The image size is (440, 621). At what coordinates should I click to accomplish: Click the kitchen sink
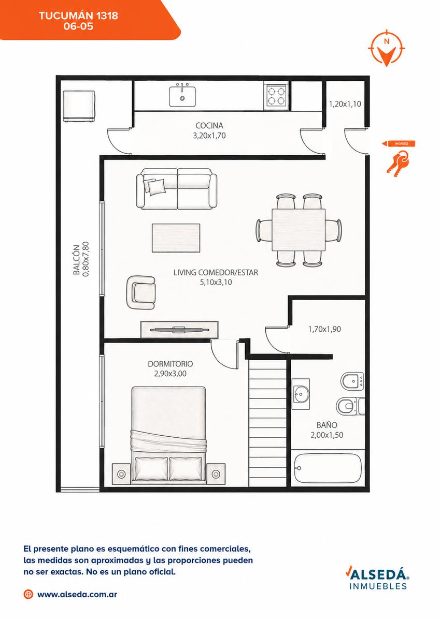click(x=182, y=96)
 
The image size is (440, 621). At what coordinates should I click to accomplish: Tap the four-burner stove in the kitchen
click(x=276, y=96)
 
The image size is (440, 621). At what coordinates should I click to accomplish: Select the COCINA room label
click(x=209, y=126)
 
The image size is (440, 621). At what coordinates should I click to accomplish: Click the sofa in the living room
click(x=177, y=189)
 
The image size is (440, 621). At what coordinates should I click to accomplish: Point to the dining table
click(x=299, y=230)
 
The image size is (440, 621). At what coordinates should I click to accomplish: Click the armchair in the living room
click(x=141, y=292)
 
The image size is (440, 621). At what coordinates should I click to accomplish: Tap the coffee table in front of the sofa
click(x=176, y=238)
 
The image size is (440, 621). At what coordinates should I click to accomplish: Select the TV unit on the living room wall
click(x=179, y=330)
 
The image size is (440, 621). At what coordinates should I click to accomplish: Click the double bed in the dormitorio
click(x=168, y=435)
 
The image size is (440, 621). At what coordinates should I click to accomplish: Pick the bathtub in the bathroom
click(x=328, y=468)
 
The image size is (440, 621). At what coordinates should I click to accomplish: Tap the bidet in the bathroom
click(x=352, y=381)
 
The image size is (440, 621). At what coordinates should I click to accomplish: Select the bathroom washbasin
click(x=301, y=394)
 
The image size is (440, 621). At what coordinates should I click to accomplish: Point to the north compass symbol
click(x=387, y=48)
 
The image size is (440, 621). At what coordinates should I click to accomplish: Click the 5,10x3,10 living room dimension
click(x=216, y=282)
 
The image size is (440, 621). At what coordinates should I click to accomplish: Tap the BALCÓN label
click(x=77, y=260)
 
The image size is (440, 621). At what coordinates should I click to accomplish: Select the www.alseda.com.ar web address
click(x=77, y=594)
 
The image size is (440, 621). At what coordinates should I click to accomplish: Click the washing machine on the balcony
click(x=79, y=107)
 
